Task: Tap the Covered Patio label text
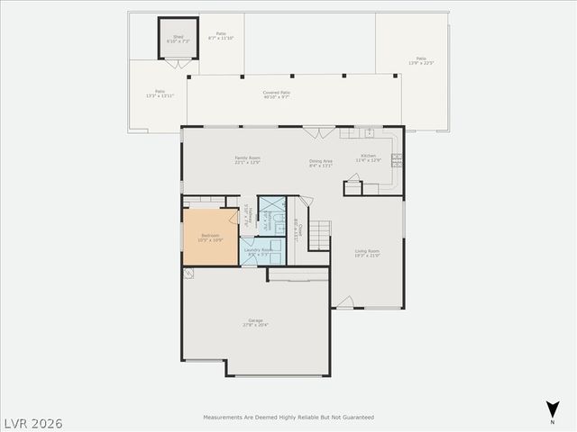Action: (276, 94)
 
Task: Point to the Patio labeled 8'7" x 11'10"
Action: (221, 36)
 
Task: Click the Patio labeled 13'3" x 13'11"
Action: (160, 93)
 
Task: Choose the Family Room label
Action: (247, 160)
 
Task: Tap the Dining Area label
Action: (321, 164)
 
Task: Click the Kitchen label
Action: (369, 158)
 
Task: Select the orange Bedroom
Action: (209, 238)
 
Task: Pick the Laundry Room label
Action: (260, 252)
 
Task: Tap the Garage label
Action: (256, 322)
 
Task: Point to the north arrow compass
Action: (552, 409)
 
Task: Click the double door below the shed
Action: (179, 64)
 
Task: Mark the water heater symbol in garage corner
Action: (188, 273)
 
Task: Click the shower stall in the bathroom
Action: (270, 216)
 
